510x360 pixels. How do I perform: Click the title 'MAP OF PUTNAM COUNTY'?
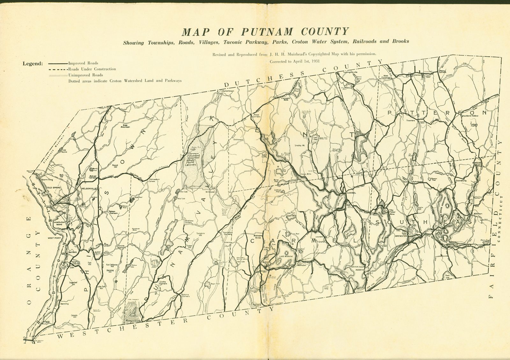[x=265, y=32]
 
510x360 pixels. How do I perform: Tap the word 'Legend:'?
[x=33, y=63]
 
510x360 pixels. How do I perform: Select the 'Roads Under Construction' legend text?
[x=92, y=69]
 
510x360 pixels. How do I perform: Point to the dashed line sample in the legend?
[x=58, y=69]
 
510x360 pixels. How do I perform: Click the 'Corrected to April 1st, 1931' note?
[x=295, y=62]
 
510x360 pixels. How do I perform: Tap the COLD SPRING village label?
[x=53, y=188]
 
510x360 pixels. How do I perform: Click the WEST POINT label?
[x=55, y=238]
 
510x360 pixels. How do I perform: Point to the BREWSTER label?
[x=401, y=236]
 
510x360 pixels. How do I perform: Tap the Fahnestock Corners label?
[x=152, y=180]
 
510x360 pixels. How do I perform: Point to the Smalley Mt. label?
[x=301, y=145]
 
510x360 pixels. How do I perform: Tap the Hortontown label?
[x=228, y=91]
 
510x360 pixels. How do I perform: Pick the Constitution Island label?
[x=59, y=223]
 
